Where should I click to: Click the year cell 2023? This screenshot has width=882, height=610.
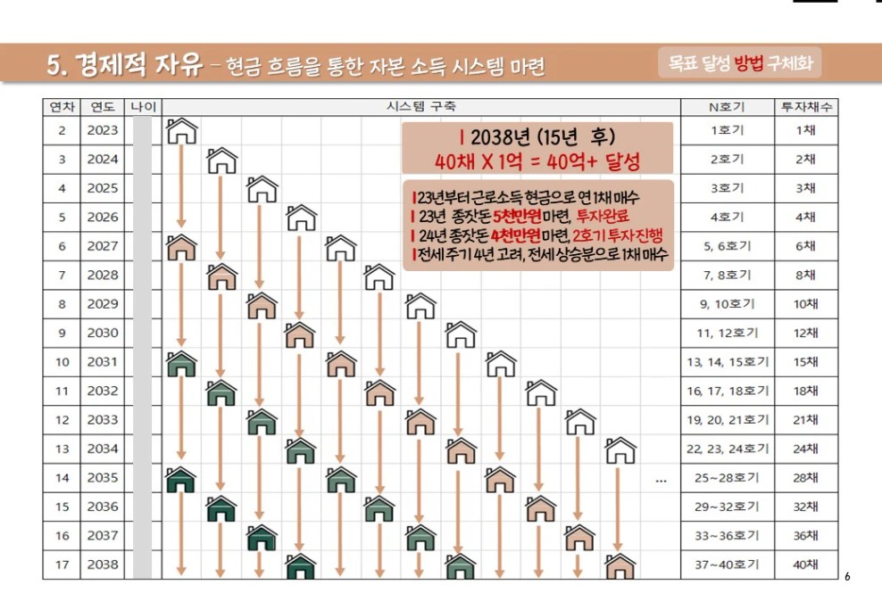point(103,131)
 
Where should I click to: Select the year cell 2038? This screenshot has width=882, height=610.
point(103,565)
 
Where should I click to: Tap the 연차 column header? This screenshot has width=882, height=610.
point(62,107)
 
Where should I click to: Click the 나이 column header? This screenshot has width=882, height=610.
point(143,107)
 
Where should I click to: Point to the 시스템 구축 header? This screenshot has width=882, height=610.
point(420,107)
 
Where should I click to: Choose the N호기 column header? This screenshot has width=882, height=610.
point(727,107)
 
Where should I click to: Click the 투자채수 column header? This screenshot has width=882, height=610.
point(806,107)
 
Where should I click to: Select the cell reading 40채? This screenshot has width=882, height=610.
point(806,565)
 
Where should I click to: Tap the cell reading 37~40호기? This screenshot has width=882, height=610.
point(727,565)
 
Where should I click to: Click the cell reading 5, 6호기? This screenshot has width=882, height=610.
point(727,246)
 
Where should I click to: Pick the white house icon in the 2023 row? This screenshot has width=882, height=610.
point(181,132)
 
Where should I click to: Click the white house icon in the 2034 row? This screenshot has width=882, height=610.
point(620,450)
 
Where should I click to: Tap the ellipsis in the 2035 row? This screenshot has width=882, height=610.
point(661,480)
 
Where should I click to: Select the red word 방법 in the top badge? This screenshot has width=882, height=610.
point(749,63)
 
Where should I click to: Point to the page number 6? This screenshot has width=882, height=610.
point(847,577)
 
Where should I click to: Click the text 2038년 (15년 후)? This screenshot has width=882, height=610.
point(537,138)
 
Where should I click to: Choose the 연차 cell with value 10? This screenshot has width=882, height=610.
point(62,362)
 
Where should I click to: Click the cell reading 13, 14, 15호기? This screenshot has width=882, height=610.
point(727,362)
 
